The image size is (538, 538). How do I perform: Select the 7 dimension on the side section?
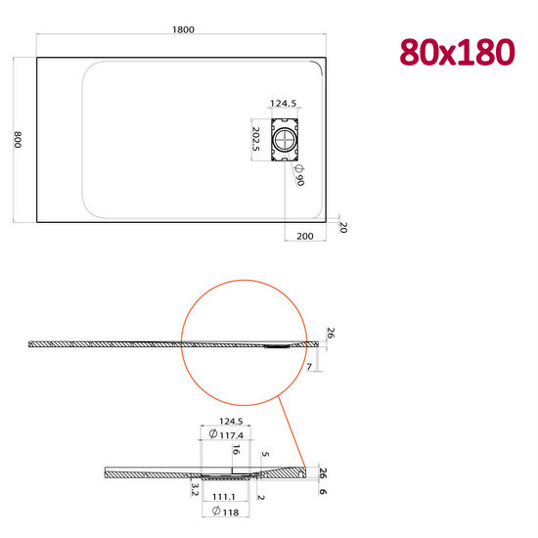point(309,365)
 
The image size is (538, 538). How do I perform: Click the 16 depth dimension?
point(235,451)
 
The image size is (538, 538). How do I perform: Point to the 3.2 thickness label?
point(195,487)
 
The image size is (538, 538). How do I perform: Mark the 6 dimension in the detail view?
point(324,492)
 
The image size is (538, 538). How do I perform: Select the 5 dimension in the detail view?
point(266,456)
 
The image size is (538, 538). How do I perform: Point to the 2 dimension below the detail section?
point(260,497)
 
